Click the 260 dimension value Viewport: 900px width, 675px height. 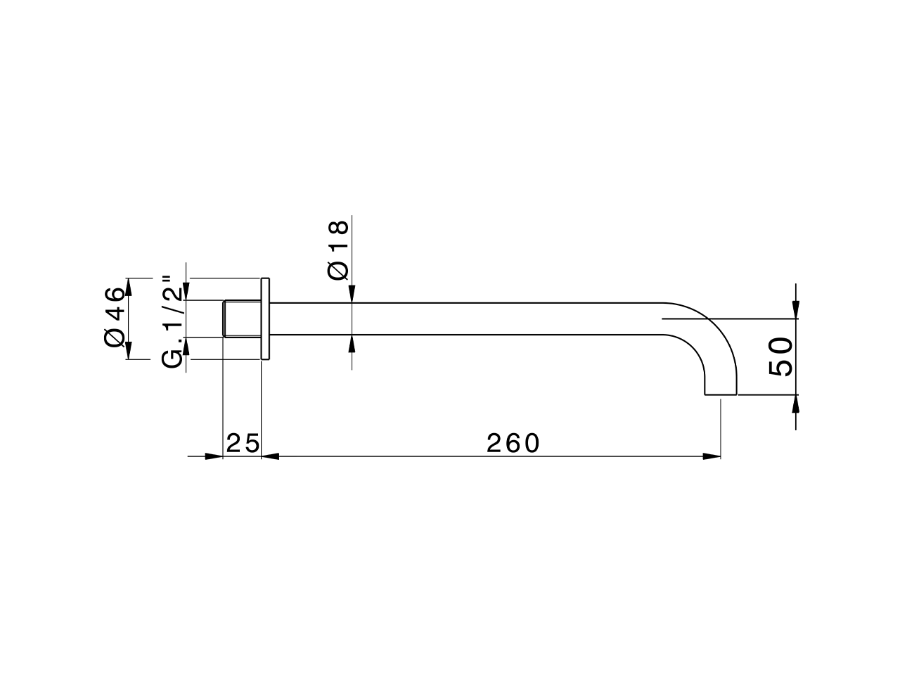coord(513,443)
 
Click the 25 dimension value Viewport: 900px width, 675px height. coord(243,443)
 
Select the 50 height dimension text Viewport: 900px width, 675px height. coord(780,356)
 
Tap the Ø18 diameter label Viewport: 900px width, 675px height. coord(338,250)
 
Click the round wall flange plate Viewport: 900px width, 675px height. coord(265,319)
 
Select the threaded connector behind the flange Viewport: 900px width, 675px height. coord(242,319)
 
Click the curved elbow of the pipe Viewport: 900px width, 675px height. coord(710,330)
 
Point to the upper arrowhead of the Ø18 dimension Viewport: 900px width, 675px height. coord(351,295)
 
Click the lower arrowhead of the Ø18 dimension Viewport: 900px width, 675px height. coord(351,344)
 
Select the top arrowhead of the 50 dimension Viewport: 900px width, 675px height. coord(795,310)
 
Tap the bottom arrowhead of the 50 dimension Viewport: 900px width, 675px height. coord(795,404)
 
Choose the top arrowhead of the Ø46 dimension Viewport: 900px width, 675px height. coord(129,286)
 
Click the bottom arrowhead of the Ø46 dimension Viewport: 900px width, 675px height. coord(129,350)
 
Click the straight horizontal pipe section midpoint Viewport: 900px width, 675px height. coord(464,319)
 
